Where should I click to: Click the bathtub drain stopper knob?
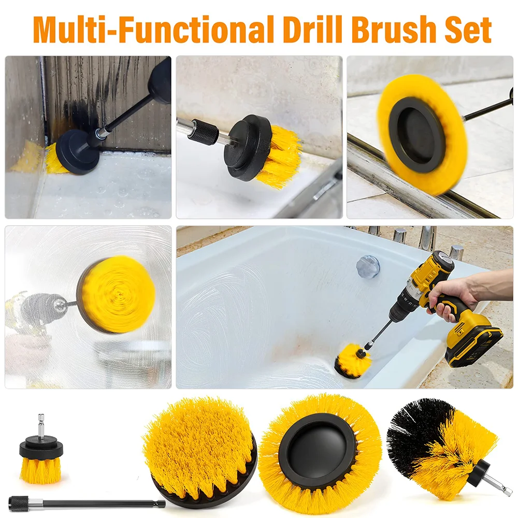pos(368,266)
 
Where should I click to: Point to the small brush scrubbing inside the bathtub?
pos(352,363)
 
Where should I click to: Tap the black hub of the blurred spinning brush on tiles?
pos(417,135)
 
